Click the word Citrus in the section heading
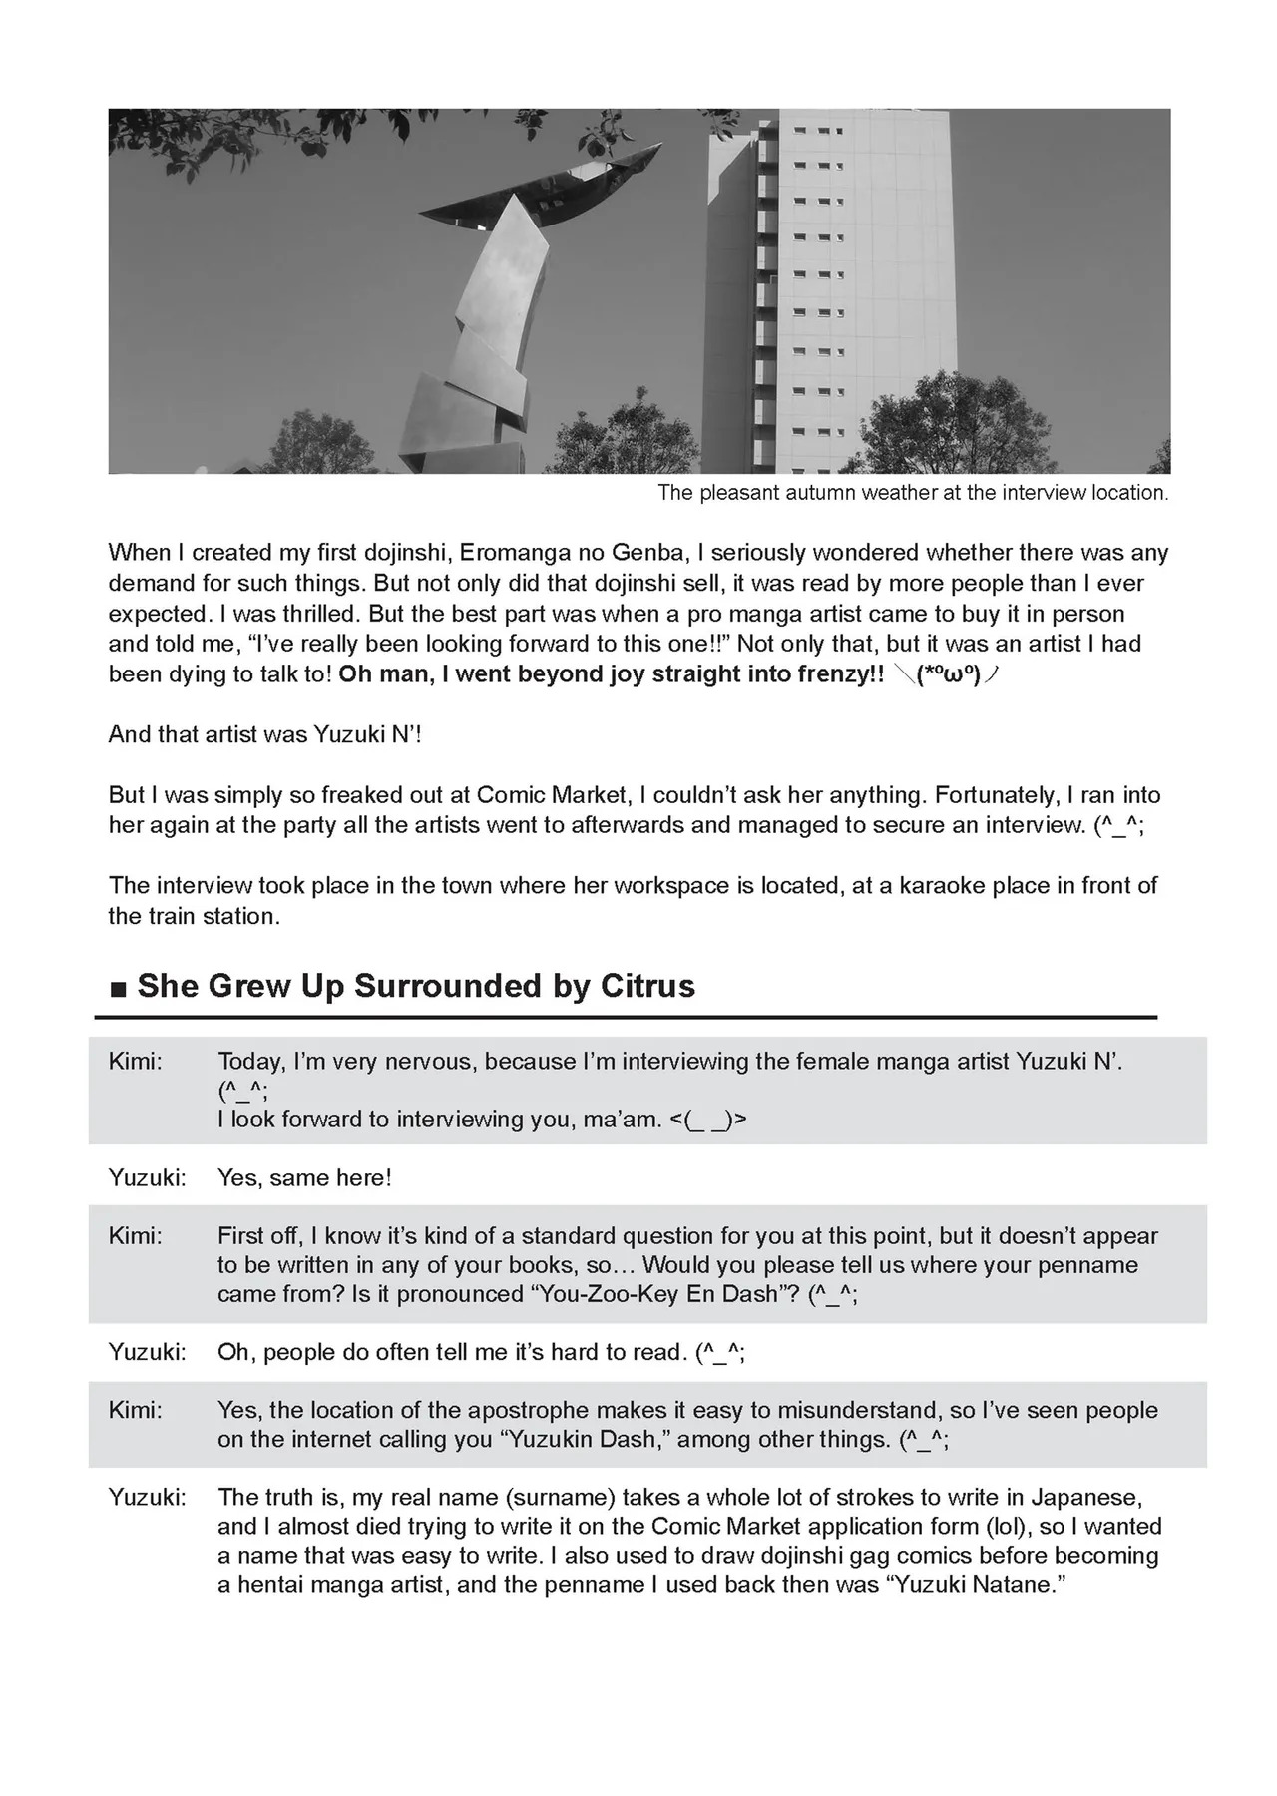click(x=647, y=986)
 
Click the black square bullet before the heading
click(x=118, y=990)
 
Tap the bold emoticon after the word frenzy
click(x=946, y=675)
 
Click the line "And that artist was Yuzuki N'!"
click(x=265, y=735)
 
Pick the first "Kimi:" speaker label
click(x=135, y=1061)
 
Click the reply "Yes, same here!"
click(x=304, y=1178)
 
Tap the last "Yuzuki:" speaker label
click(x=147, y=1498)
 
